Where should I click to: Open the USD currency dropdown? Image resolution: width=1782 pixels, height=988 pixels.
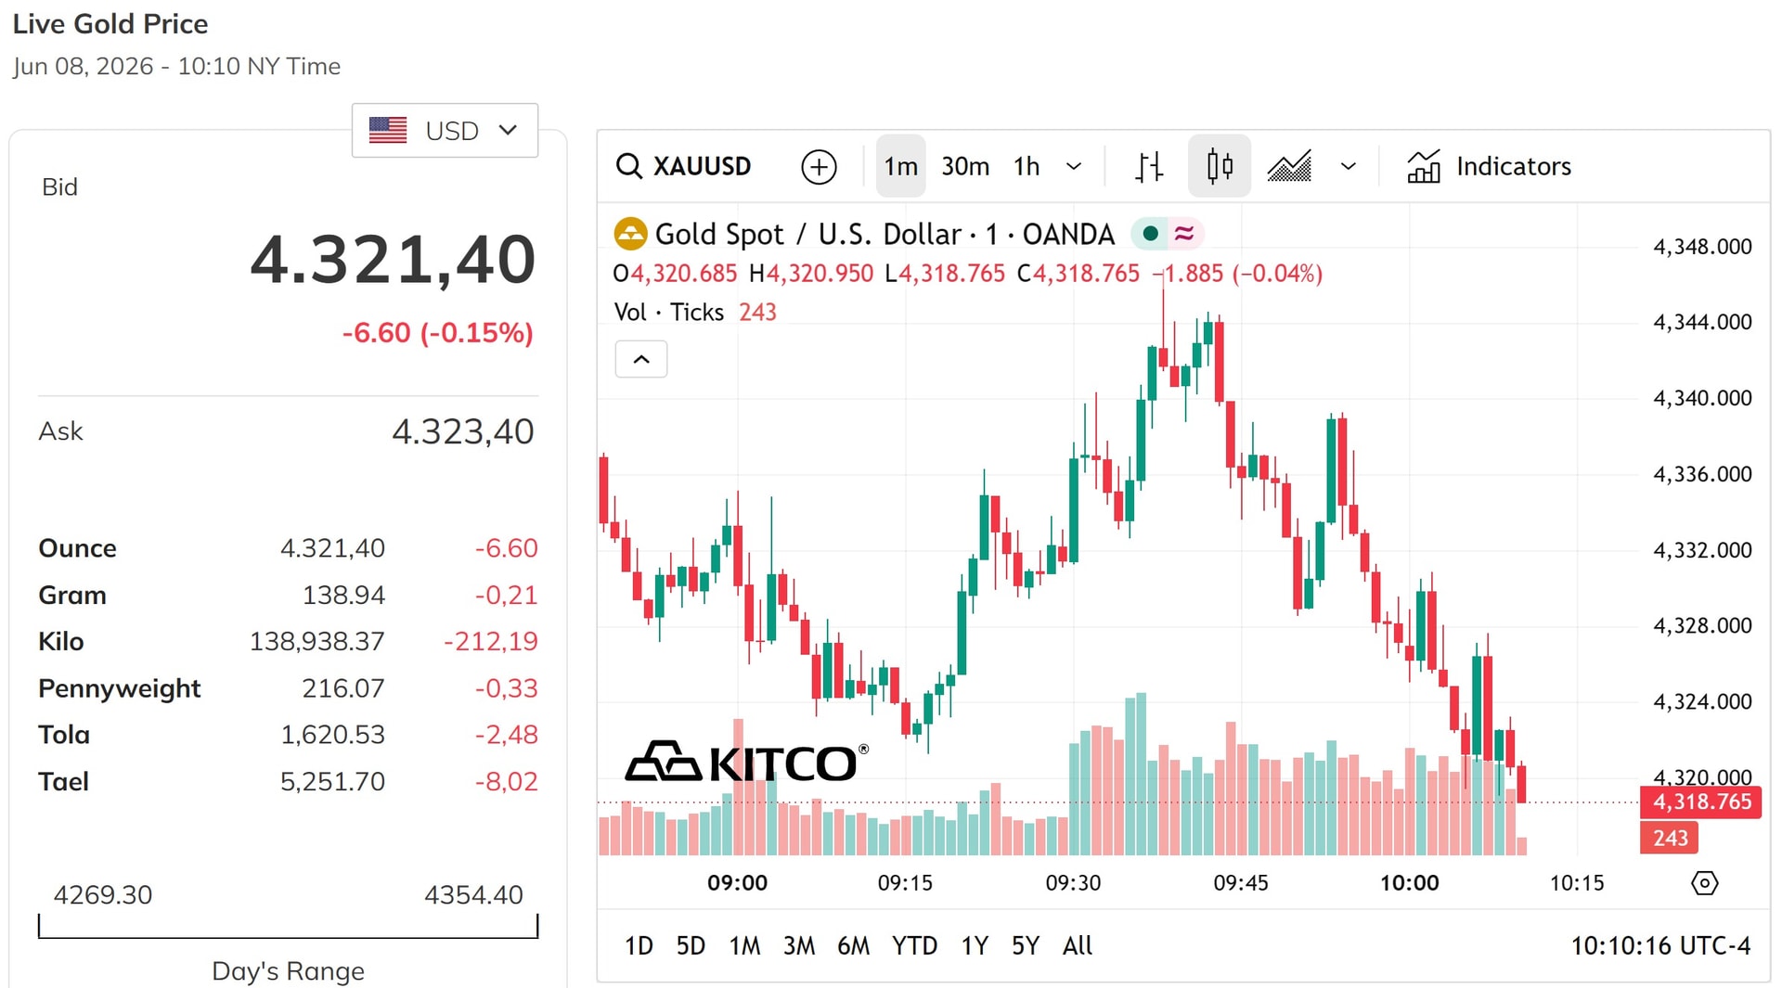point(445,131)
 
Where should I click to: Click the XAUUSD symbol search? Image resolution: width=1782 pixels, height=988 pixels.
point(684,166)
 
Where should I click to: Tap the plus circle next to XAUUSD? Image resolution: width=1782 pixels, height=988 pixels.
point(819,167)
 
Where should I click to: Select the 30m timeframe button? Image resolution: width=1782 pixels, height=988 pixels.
point(965,166)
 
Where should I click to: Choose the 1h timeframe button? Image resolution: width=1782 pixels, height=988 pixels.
point(1027,166)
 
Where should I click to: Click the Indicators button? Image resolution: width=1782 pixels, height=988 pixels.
point(1489,166)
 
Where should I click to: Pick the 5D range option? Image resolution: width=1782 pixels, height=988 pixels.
point(691,945)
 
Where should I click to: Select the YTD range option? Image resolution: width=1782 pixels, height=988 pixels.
point(914,945)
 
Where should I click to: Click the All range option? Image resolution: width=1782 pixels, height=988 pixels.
point(1077,945)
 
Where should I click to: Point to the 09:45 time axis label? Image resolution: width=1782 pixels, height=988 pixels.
point(1241,882)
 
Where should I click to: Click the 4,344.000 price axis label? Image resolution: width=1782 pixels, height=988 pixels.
point(1702,322)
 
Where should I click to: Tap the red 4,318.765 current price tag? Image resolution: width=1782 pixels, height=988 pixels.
point(1700,802)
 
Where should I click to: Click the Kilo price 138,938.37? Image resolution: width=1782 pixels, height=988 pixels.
point(316,641)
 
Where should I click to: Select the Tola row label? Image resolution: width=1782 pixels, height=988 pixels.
point(64,735)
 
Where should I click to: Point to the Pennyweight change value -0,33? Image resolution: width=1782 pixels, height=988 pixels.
point(506,688)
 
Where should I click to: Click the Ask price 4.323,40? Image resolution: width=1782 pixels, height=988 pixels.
point(462,431)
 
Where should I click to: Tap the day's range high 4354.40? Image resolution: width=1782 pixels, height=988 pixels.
point(473,894)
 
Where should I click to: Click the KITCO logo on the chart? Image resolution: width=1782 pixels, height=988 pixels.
point(747,762)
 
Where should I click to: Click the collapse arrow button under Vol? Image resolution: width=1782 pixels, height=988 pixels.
point(641,359)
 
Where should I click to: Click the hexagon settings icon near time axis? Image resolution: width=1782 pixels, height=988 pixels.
point(1705,882)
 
